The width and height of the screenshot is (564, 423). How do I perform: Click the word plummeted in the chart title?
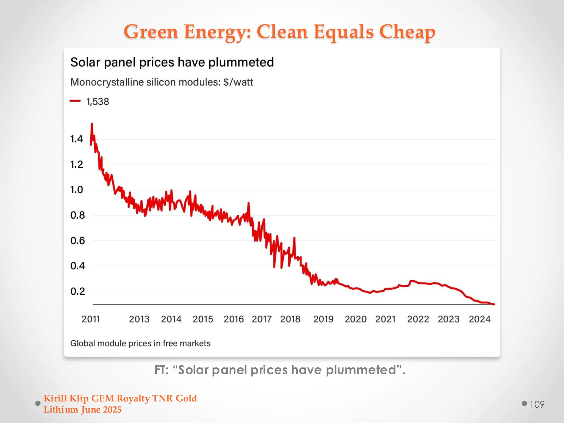(241, 62)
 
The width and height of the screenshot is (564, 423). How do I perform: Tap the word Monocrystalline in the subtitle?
(107, 82)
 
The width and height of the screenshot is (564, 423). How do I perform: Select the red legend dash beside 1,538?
(75, 101)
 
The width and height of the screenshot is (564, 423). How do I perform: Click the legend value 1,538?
(97, 102)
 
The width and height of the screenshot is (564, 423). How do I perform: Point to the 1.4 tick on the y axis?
(77, 139)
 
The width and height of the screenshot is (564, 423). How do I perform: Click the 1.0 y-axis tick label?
(77, 190)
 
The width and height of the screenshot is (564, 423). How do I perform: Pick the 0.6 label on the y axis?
(77, 241)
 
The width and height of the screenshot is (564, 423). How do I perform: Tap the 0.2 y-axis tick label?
(77, 291)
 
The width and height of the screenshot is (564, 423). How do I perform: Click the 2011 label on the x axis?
(91, 319)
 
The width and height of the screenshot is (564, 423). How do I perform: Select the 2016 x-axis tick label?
(234, 319)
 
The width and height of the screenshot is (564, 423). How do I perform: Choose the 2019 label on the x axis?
(323, 319)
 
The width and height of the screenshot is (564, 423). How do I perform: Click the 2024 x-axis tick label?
(479, 319)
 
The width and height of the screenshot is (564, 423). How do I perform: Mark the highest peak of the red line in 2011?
(92, 124)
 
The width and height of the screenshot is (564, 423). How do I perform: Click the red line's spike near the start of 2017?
(248, 203)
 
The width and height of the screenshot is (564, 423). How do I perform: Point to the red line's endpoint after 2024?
(494, 304)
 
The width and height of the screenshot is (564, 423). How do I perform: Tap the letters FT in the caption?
(161, 370)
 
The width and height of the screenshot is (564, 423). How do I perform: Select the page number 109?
(537, 404)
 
